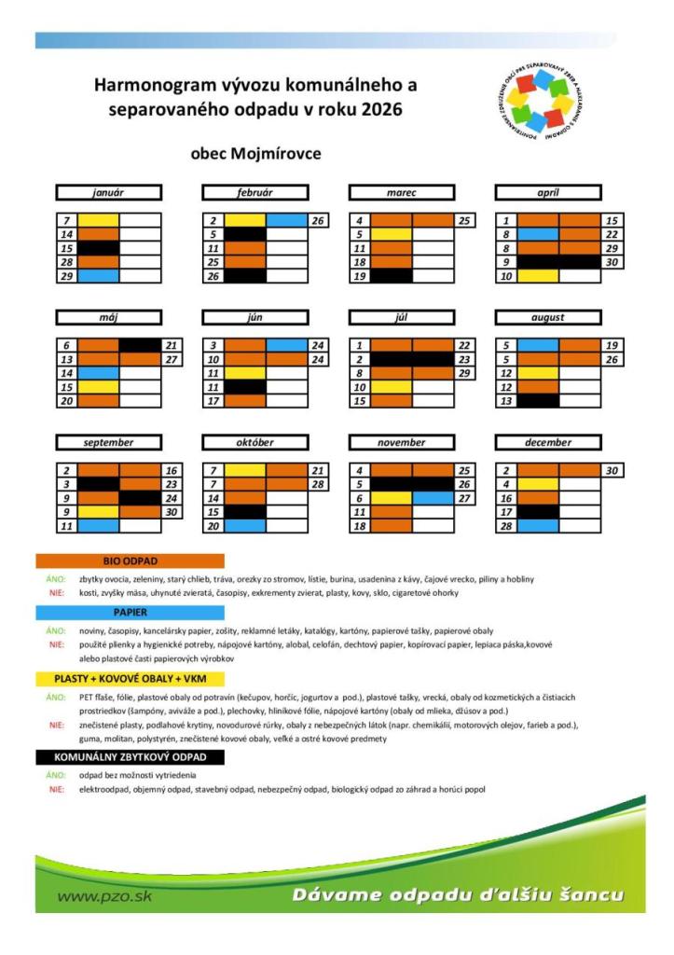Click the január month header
pos(108,192)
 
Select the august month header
pos(548,317)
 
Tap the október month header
pos(254,442)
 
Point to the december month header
pos(548,442)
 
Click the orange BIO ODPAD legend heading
pos(131,561)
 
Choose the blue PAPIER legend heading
pos(131,613)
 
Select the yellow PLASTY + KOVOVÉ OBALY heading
pos(131,678)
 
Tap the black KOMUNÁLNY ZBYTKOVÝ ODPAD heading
pos(131,756)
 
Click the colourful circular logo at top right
pos(540,102)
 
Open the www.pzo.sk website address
pos(104,897)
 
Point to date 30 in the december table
pos(612,471)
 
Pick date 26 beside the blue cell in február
pos(319,221)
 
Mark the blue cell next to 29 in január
pos(98,276)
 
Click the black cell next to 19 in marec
pos(392,276)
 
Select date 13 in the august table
pos(506,401)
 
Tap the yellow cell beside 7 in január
pos(98,221)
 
